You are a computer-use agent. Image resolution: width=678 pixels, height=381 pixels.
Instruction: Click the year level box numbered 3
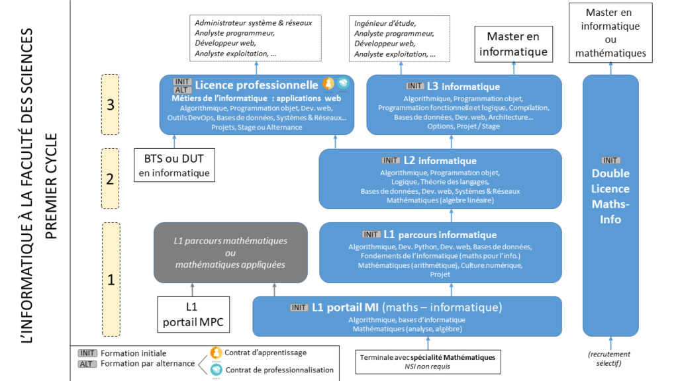click(110, 104)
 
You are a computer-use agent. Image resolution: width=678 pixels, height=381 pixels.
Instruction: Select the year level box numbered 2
click(110, 178)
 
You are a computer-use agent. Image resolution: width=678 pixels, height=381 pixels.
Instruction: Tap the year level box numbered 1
click(110, 278)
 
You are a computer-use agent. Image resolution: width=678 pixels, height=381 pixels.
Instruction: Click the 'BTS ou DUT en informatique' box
click(175, 165)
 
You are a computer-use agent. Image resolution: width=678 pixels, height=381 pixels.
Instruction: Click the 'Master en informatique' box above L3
click(513, 44)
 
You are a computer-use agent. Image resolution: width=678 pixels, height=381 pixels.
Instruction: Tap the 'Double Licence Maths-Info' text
click(610, 196)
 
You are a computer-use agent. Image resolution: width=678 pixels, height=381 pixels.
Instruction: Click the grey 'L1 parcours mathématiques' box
click(230, 253)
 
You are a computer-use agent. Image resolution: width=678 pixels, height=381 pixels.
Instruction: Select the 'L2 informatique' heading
click(447, 161)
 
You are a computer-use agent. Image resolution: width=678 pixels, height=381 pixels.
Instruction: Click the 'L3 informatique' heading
click(463, 87)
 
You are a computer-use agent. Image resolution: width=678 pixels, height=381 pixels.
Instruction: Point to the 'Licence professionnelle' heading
click(256, 85)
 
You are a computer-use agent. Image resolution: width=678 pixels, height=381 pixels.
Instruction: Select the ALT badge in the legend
click(87, 364)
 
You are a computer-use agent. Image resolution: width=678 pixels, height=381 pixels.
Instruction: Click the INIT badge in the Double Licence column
click(610, 161)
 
